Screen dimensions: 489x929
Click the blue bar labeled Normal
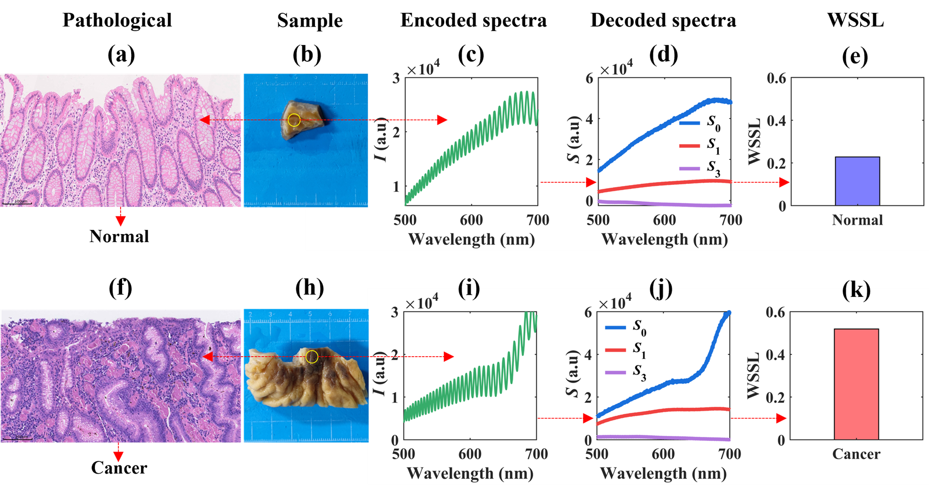[x=857, y=181]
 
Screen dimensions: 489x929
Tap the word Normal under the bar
[x=857, y=220]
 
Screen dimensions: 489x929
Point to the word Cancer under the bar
[x=856, y=454]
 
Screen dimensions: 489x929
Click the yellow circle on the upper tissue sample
[x=294, y=120]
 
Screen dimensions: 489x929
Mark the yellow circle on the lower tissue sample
[x=312, y=357]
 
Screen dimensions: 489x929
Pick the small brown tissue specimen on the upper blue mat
[x=301, y=121]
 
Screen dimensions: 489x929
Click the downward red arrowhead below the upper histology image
[x=121, y=221]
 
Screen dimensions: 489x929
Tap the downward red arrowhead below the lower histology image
[x=118, y=456]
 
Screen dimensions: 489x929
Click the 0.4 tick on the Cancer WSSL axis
[x=775, y=355]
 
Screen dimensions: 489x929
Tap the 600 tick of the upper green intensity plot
[x=471, y=220]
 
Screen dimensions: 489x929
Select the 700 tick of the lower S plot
[x=729, y=454]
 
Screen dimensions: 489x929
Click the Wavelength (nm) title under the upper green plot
[x=471, y=240]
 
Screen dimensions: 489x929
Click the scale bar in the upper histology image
[x=17, y=203]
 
